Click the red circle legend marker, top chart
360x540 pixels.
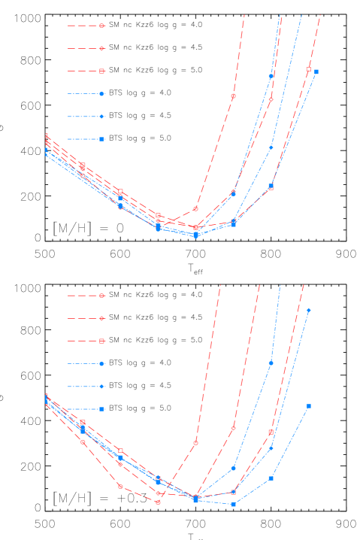(102, 26)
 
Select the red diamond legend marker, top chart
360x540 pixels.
(102, 48)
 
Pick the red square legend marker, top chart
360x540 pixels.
(102, 71)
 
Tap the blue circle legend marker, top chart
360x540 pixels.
(102, 94)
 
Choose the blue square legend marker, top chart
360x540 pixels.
(102, 139)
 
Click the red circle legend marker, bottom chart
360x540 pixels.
(102, 296)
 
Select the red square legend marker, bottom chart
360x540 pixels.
(102, 341)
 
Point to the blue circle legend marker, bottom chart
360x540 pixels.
(102, 364)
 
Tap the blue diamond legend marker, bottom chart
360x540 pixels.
(102, 387)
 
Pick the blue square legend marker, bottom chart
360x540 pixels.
(102, 409)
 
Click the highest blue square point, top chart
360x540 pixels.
(316, 72)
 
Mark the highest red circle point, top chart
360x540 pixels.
(233, 96)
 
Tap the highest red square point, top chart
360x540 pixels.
(308, 69)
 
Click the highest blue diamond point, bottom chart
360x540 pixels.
(308, 311)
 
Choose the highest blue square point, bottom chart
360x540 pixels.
(308, 406)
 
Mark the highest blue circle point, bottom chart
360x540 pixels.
(271, 363)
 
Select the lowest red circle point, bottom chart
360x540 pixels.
(159, 502)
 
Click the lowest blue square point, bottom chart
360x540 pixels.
(233, 505)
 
